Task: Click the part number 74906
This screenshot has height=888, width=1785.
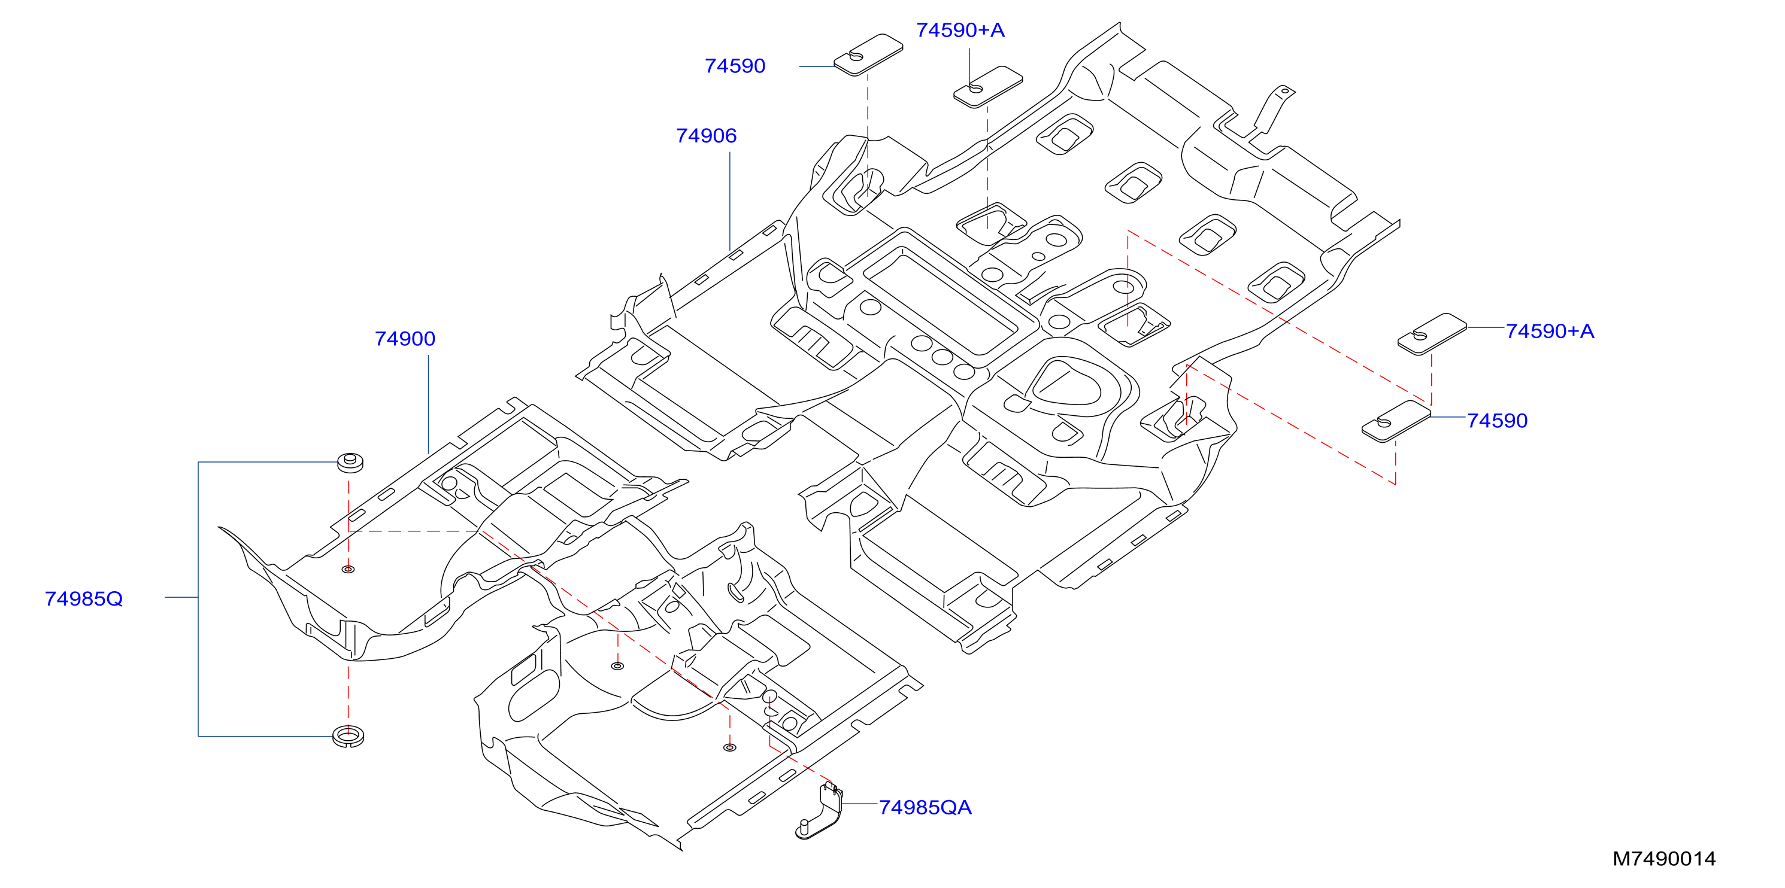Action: click(x=706, y=136)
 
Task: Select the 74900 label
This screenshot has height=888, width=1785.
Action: click(x=405, y=339)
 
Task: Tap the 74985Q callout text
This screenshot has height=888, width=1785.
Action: click(x=84, y=598)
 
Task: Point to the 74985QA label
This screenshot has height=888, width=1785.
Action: click(x=925, y=808)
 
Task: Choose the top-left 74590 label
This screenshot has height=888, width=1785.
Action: click(x=735, y=66)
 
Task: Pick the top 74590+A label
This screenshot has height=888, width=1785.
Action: click(x=960, y=30)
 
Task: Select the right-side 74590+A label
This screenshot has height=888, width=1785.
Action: click(x=1550, y=331)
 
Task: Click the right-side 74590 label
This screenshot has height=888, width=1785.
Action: click(x=1498, y=421)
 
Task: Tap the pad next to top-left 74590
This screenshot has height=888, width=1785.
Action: click(x=868, y=54)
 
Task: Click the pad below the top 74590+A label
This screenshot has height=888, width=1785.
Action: click(x=987, y=87)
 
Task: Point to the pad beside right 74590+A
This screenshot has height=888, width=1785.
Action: click(x=1432, y=334)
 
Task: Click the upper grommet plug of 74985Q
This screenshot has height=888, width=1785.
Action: click(x=350, y=462)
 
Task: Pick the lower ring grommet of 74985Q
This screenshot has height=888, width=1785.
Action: click(x=348, y=736)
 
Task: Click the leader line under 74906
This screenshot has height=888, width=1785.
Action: click(x=730, y=201)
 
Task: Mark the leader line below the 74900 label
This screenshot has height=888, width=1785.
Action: click(x=428, y=405)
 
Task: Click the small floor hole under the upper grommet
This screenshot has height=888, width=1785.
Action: click(x=348, y=570)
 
